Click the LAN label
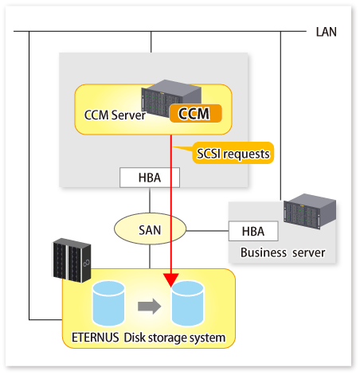click(x=326, y=32)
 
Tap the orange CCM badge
click(x=195, y=113)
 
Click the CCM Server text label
click(x=115, y=115)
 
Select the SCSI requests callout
click(x=233, y=153)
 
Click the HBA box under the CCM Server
click(x=150, y=178)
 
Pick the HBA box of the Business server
click(x=253, y=231)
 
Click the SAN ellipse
click(x=150, y=229)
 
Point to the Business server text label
click(x=283, y=252)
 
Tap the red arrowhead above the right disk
click(x=171, y=279)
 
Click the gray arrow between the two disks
click(x=149, y=306)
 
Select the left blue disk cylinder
click(x=108, y=303)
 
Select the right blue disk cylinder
click(x=187, y=303)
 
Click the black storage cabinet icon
click(x=72, y=260)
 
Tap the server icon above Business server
click(x=310, y=211)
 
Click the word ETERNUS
click(x=95, y=338)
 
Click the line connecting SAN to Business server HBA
click(x=207, y=231)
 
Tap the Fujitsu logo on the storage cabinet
click(x=86, y=263)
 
